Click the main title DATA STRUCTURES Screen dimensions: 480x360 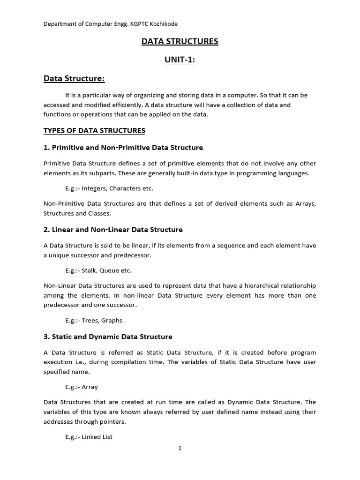click(x=180, y=42)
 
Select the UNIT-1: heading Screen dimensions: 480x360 click(x=180, y=60)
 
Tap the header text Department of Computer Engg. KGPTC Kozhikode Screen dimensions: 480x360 click(x=110, y=24)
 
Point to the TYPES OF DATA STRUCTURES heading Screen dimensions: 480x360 click(x=94, y=130)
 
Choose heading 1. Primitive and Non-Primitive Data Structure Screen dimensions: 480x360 click(x=123, y=148)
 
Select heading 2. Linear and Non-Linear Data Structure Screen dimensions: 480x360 click(x=113, y=230)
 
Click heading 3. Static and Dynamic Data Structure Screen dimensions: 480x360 click(x=108, y=337)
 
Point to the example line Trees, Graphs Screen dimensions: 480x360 click(x=94, y=321)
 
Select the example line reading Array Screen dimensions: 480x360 click(x=82, y=387)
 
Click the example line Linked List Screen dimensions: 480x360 click(x=89, y=437)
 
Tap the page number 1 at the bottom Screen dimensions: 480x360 click(x=180, y=449)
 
